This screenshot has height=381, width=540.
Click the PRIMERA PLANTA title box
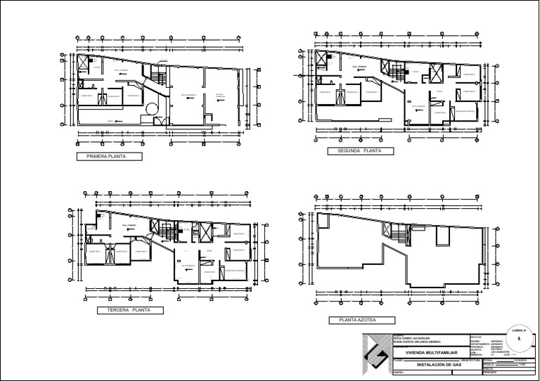[x=108, y=157]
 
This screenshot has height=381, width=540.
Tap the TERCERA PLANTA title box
[x=131, y=310]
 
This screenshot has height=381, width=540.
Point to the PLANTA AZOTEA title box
[x=357, y=321]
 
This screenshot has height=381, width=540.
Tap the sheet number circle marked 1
[x=519, y=339]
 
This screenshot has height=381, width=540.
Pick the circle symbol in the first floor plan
[x=153, y=108]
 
